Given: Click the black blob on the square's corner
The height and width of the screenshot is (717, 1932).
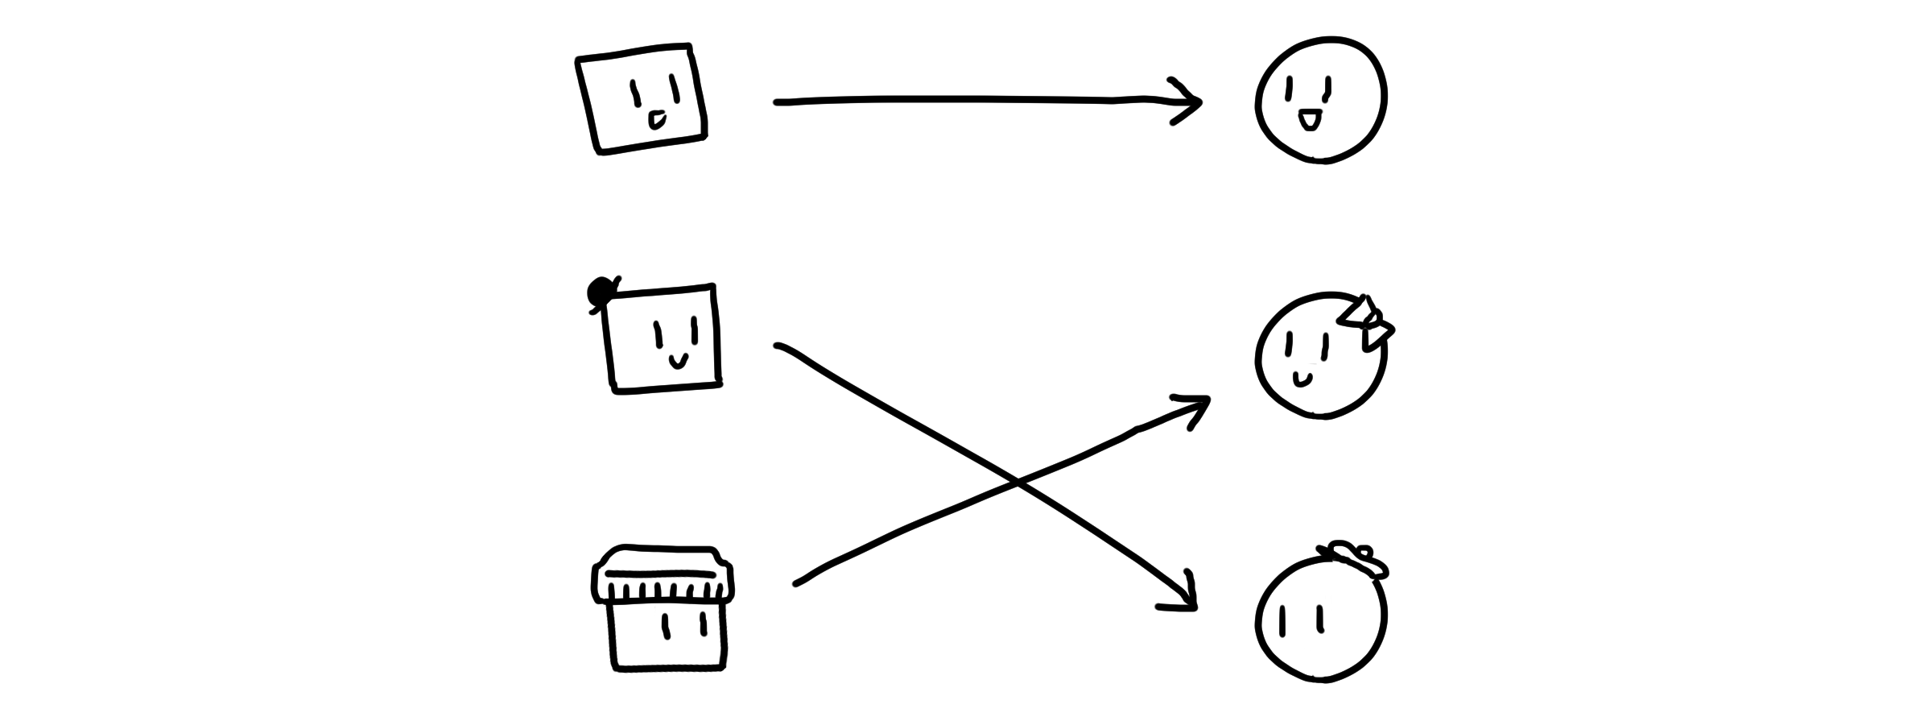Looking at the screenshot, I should pos(600,292).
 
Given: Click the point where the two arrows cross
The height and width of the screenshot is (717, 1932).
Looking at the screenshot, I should pos(1016,483).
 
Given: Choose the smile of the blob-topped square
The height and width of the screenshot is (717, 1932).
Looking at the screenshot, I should pos(679,360).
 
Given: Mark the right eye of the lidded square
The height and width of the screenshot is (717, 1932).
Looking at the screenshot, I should pos(704,623).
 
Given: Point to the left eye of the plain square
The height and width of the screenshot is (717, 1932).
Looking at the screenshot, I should pos(634,93).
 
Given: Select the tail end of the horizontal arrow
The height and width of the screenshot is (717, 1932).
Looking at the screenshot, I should pos(778,102).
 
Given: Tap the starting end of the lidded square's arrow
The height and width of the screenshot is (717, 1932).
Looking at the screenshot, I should pos(796,584).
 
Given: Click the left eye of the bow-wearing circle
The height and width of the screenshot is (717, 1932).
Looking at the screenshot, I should pos(1288,345).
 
